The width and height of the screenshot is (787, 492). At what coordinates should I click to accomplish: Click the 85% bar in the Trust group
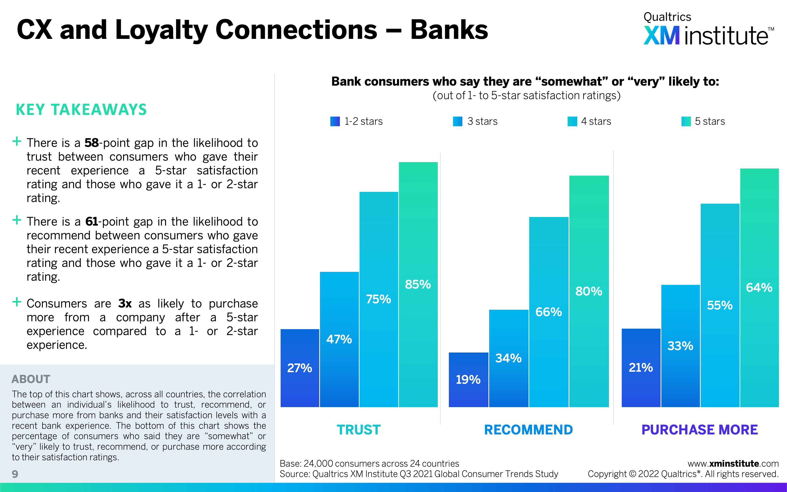tap(418, 284)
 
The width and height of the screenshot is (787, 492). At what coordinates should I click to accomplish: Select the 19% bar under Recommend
tap(468, 380)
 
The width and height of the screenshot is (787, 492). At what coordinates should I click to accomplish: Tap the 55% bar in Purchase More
tap(720, 305)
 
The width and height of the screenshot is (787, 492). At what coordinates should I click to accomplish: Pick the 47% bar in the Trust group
tap(339, 339)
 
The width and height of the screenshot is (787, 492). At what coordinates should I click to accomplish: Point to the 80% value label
tap(589, 291)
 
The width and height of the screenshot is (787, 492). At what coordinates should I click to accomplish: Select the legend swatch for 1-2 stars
tap(335, 121)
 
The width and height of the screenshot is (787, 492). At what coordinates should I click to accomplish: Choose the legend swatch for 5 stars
tap(686, 121)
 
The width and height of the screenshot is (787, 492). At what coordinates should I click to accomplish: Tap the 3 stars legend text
tap(482, 121)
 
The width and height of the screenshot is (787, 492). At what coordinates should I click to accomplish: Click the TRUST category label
tap(358, 430)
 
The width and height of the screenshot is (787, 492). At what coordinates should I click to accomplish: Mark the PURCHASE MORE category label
tap(699, 430)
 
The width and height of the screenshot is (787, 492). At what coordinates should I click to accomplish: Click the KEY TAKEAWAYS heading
tap(81, 110)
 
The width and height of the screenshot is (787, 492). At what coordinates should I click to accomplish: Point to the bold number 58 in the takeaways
tap(91, 143)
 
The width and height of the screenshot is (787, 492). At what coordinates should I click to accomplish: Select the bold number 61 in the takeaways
tap(92, 222)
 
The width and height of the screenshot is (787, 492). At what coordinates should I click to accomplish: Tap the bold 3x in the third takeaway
tap(125, 304)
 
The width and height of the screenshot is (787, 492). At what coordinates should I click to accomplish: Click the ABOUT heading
tap(31, 379)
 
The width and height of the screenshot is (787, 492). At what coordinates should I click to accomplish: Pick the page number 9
tap(15, 474)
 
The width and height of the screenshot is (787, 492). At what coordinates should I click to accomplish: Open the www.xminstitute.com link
tap(733, 464)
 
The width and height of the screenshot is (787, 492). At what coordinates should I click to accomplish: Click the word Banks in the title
tap(449, 30)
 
